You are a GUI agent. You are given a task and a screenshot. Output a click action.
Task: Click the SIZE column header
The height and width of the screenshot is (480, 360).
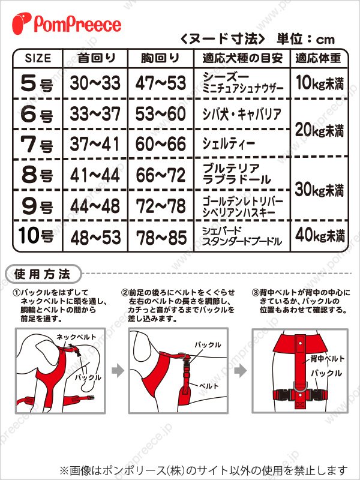[x=38, y=58]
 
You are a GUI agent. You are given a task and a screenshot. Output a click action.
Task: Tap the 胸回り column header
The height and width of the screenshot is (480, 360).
[x=160, y=58]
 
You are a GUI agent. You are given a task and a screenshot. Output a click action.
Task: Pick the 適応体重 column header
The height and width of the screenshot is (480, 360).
[x=318, y=58]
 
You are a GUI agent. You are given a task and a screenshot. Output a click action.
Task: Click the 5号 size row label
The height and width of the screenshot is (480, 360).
[x=37, y=83]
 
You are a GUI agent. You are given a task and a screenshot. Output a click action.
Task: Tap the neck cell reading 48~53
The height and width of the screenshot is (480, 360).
[x=95, y=237]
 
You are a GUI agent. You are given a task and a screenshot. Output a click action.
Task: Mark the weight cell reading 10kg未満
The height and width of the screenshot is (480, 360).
[x=319, y=83]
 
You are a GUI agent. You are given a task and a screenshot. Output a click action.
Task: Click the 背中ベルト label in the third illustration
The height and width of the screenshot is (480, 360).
[x=327, y=358]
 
